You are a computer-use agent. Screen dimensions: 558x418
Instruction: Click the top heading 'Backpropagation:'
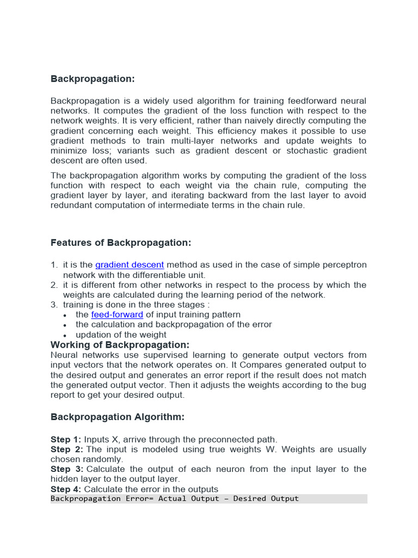92,79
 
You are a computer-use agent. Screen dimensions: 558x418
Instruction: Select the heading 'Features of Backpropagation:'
121,242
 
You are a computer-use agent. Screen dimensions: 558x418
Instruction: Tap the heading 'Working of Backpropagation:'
120,345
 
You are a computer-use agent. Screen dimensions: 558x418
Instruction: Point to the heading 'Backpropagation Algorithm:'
118,417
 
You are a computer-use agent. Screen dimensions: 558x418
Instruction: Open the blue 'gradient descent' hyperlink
130,265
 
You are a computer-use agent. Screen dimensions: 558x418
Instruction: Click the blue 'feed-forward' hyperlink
117,314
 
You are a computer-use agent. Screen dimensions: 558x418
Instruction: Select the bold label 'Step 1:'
66,439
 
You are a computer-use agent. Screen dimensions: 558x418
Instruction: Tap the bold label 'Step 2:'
66,450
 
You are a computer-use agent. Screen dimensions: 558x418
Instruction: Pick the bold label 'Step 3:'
66,469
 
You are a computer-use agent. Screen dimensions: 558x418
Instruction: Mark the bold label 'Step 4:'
66,489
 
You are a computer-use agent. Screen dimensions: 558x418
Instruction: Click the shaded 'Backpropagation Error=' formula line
175,499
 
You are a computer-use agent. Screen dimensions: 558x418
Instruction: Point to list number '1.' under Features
54,265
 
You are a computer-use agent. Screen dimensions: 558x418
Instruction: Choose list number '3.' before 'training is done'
54,305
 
